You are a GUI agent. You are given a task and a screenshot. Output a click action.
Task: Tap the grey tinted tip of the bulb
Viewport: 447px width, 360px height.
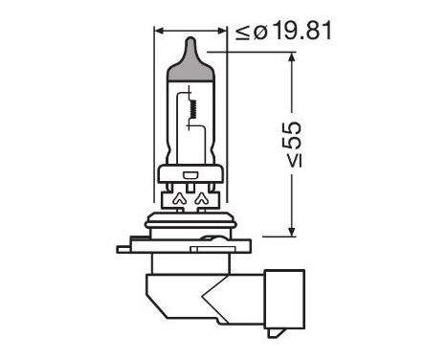[x=192, y=61]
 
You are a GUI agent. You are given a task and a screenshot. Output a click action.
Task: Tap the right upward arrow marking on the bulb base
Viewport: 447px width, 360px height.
[x=202, y=200]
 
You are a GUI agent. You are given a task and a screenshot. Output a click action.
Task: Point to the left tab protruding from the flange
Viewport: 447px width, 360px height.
[x=127, y=249]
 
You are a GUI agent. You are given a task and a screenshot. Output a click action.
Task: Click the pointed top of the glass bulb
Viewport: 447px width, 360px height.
[x=192, y=39]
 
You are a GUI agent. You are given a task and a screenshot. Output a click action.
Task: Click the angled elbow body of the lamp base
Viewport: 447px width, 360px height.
[x=191, y=287]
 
